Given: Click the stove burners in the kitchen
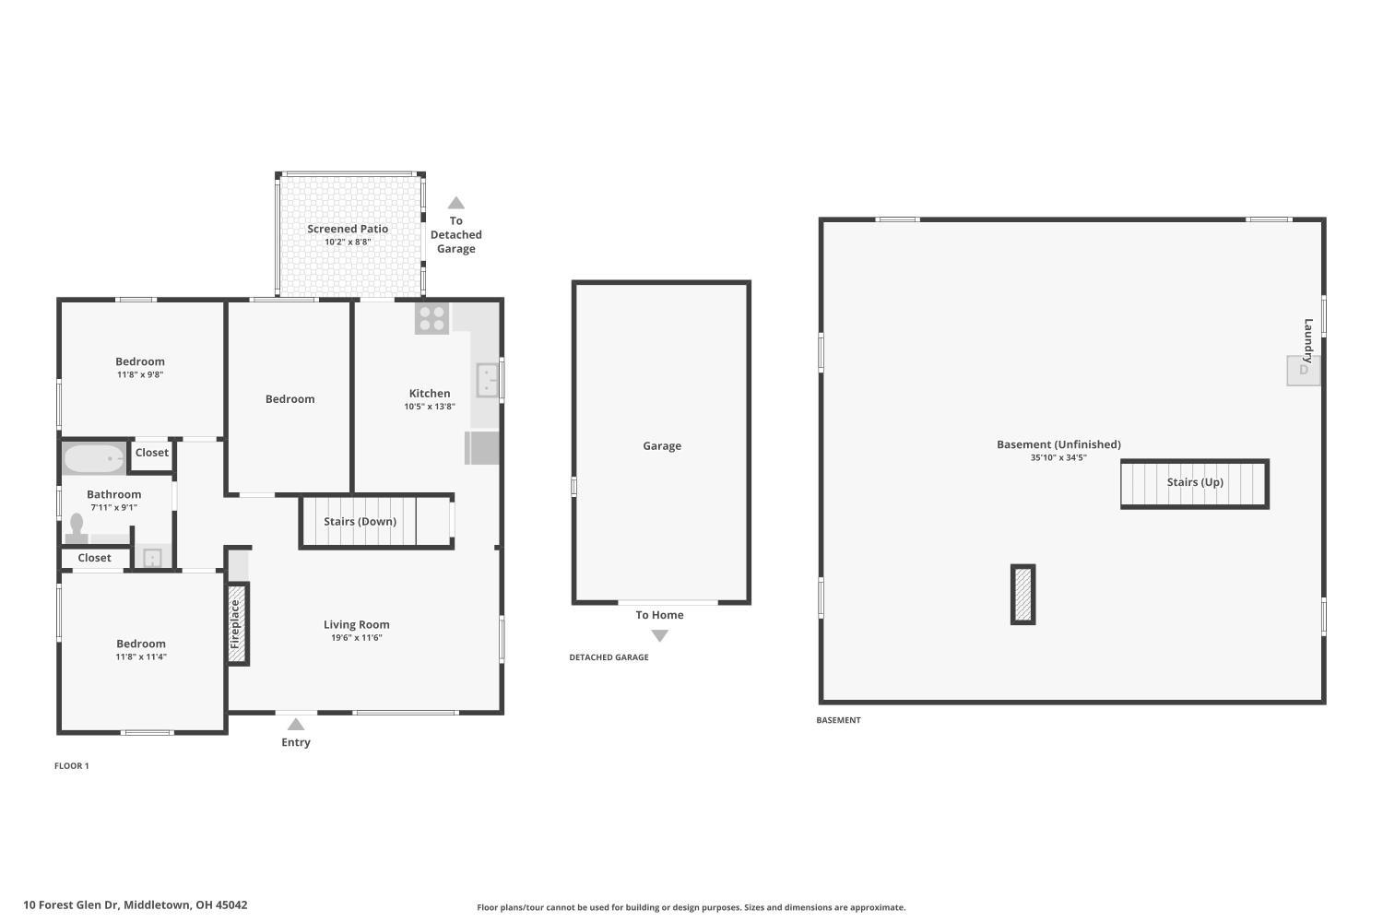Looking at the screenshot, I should click(431, 318).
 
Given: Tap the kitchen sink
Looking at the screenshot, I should click(487, 380).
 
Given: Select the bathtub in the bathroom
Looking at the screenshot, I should click(93, 458).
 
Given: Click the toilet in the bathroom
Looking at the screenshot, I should click(77, 527).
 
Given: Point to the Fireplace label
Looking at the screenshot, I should click(236, 624).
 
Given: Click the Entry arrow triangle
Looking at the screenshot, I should click(296, 725).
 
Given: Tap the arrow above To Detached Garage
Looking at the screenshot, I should click(455, 203).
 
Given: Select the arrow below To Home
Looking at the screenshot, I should click(659, 635).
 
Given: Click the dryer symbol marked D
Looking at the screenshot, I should click(1303, 370).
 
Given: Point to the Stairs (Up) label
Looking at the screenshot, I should click(1195, 482).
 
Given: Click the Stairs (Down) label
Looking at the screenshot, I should click(360, 522).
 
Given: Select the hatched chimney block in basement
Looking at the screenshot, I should click(1022, 595).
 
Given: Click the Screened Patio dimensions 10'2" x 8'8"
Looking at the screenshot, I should click(348, 242).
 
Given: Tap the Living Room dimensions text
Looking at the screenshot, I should click(356, 638).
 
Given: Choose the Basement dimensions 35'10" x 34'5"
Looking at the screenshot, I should click(1058, 458).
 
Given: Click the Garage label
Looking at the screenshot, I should click(662, 446).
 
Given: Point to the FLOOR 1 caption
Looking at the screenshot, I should click(72, 766).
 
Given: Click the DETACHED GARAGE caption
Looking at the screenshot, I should click(609, 657).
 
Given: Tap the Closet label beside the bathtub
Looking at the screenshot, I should click(152, 453).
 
